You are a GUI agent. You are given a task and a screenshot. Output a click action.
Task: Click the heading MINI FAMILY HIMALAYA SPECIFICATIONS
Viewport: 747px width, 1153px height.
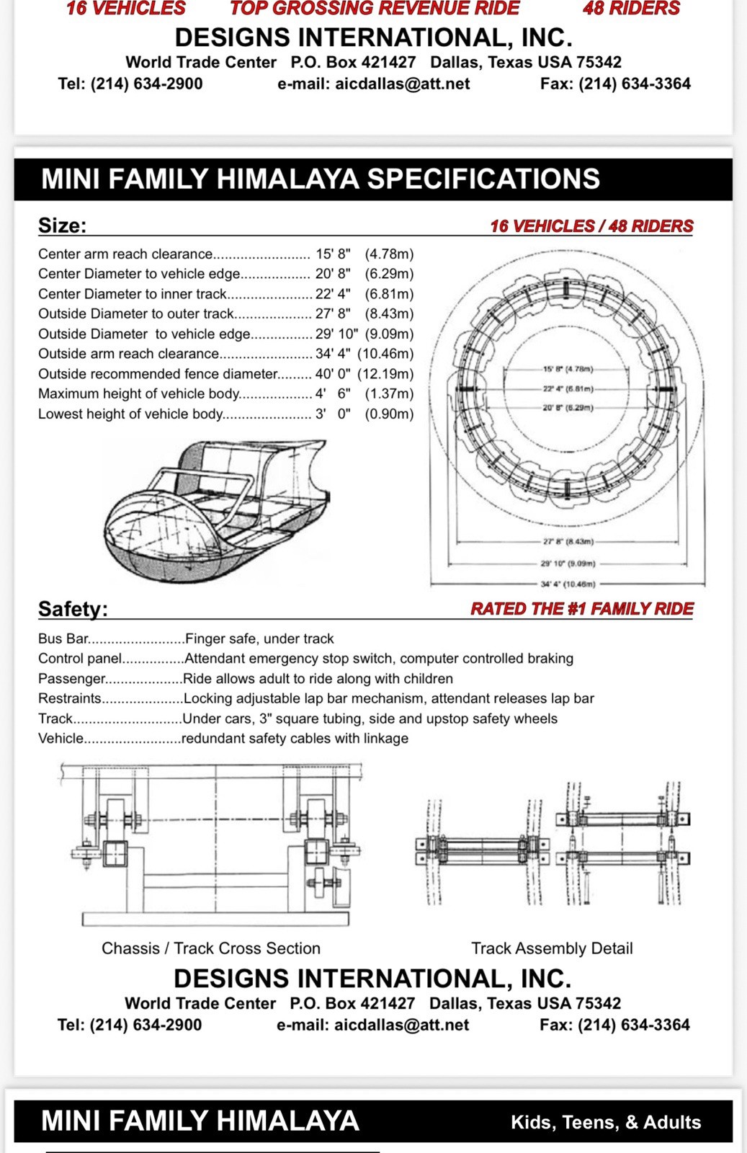(320, 179)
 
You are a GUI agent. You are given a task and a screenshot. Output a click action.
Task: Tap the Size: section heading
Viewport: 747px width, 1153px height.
(62, 226)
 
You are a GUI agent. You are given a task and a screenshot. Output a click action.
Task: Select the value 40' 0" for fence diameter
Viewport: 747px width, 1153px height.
(333, 374)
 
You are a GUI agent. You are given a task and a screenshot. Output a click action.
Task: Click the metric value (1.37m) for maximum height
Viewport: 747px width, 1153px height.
(389, 393)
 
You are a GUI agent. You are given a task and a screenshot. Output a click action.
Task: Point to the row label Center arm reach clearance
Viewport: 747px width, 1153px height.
(125, 254)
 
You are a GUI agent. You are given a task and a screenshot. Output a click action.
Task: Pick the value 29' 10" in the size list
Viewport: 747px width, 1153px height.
(337, 334)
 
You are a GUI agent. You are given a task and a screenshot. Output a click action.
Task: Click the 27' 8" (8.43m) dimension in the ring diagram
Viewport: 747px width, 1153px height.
(568, 541)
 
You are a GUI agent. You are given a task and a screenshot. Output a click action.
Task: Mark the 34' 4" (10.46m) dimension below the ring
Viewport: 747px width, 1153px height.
(568, 584)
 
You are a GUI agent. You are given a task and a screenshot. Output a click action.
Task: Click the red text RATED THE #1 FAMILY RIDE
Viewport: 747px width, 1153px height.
(582, 609)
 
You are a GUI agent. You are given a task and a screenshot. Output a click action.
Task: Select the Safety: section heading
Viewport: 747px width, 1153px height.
(73, 609)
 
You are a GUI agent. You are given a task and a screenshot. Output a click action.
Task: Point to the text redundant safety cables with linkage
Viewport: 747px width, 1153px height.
(295, 739)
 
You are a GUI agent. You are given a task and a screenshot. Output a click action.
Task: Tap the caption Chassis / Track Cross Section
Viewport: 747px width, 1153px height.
(211, 948)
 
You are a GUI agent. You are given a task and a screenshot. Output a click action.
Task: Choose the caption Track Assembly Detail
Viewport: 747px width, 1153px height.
(552, 948)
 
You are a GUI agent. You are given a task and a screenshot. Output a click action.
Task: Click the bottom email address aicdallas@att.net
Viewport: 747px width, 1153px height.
(402, 1025)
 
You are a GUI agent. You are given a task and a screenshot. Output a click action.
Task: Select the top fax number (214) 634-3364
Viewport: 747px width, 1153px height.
(635, 84)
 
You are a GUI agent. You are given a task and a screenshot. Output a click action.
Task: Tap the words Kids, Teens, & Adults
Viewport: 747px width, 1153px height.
(606, 1122)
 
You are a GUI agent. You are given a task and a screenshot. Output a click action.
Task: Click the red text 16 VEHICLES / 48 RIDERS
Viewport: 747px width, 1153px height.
(591, 226)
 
